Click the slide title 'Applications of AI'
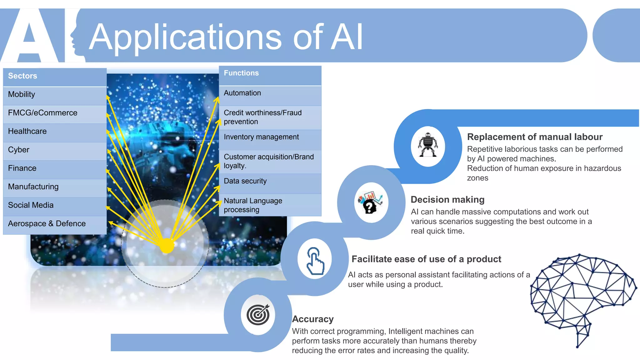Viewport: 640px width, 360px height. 226,37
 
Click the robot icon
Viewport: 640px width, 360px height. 428,145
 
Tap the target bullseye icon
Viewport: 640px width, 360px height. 258,314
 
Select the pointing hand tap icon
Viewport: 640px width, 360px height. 315,260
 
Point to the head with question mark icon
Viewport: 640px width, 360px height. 371,203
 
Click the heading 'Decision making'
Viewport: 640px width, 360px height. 447,200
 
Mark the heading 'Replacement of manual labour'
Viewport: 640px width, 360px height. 535,137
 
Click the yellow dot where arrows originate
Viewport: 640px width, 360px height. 167,246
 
